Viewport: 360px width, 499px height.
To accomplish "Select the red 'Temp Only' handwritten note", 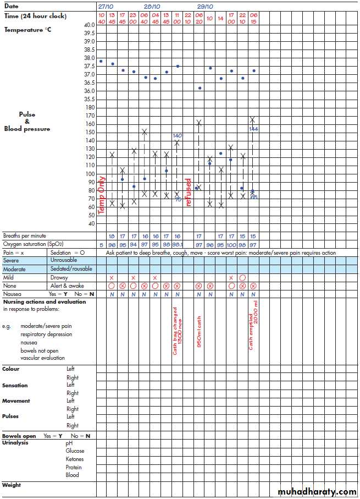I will coord(101,195).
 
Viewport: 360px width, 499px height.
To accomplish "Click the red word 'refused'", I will coord(189,191).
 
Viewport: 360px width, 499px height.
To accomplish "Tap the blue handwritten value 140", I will coord(177,135).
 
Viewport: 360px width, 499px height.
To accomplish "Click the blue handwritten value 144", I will coord(253,129).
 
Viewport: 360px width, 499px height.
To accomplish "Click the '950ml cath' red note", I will coord(199,331).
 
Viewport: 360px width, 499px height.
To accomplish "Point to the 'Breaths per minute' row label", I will coord(25,235).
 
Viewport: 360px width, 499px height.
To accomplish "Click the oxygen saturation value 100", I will coord(231,244).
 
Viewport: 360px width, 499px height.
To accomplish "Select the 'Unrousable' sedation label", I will coord(64,260).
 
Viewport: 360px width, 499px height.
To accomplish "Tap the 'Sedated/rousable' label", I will coord(71,268).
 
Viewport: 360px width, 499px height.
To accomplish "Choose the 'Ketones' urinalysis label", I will coord(75,459).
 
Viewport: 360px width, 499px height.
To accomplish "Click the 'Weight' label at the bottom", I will coord(12,485).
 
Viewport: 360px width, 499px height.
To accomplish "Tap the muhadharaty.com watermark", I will coord(317,491).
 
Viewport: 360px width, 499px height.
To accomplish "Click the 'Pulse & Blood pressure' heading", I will coord(27,122).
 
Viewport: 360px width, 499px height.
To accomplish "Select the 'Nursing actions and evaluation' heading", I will coord(44,301).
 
